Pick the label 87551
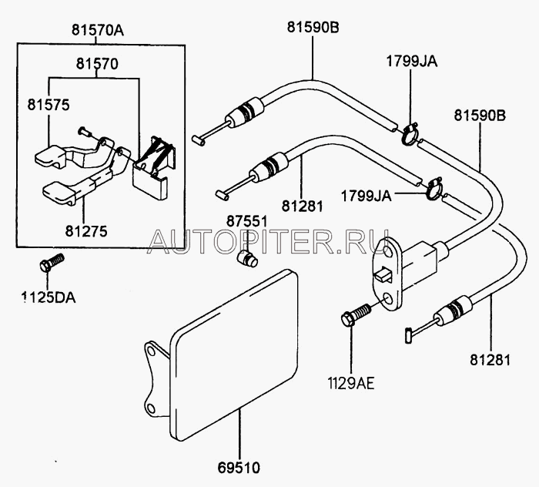pos(246,221)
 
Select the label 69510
pos(239,466)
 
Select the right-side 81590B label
pos(480,117)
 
